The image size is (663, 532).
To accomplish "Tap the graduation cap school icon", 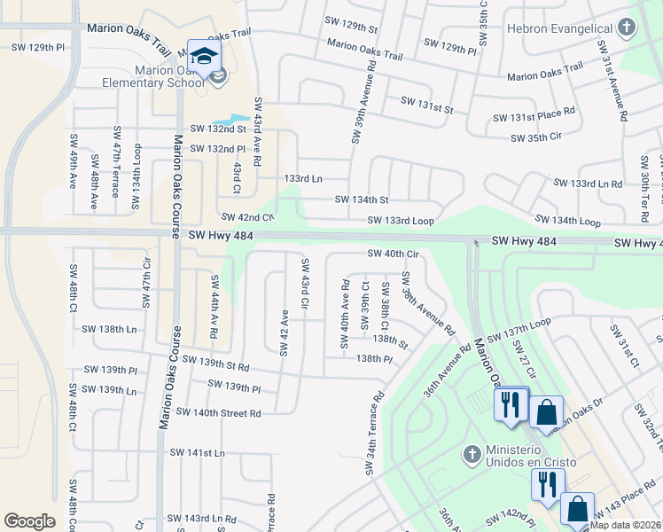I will (x=205, y=56).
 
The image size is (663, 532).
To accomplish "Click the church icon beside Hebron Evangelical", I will (x=627, y=27).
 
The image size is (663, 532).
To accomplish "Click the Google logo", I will (x=29, y=521).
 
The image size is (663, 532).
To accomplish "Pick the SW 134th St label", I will (x=362, y=199).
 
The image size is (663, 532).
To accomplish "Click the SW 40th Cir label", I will (x=393, y=254).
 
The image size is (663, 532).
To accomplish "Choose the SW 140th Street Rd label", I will (x=218, y=412).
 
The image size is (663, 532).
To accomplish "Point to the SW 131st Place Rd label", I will (x=534, y=118).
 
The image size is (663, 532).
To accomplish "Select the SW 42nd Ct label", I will (x=247, y=216).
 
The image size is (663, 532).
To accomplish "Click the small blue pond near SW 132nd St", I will (x=230, y=119).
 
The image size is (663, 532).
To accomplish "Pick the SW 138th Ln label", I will (x=109, y=329).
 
